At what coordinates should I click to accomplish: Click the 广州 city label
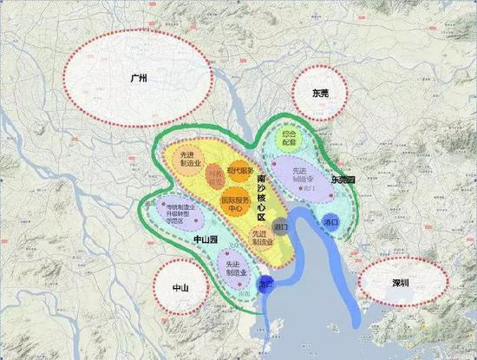pyautogui.click(x=138, y=79)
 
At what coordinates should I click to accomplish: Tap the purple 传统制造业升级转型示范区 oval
pyautogui.click(x=167, y=211)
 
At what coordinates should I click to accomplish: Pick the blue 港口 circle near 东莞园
pyautogui.click(x=330, y=222)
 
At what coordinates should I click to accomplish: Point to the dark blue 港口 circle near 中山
pyautogui.click(x=266, y=284)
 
